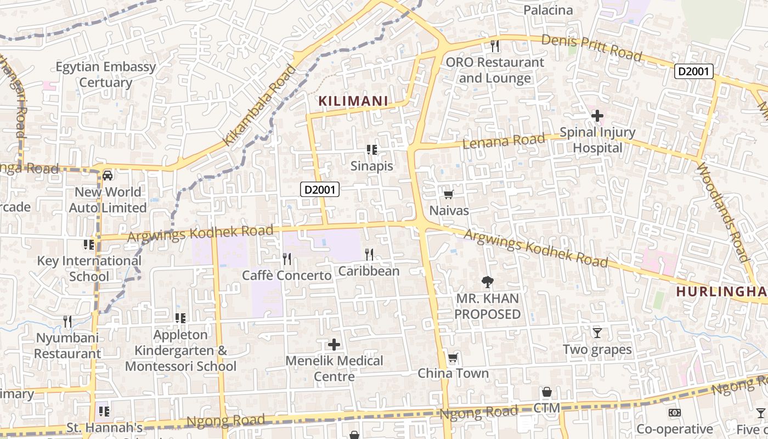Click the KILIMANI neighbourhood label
(x=353, y=101)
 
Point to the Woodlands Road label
(x=722, y=212)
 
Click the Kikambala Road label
(x=259, y=106)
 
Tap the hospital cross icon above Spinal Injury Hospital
(x=597, y=116)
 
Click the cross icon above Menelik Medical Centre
(x=334, y=345)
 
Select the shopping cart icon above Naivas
(x=448, y=194)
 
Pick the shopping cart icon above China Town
(x=453, y=358)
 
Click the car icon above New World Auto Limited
(x=108, y=176)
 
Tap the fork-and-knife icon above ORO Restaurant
(x=494, y=46)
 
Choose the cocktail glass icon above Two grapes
(x=597, y=333)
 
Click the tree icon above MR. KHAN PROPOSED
(x=487, y=282)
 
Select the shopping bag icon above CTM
(x=546, y=392)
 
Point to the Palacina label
(x=548, y=10)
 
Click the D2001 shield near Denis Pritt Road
(x=694, y=71)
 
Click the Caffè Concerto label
(x=287, y=275)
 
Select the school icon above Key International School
(x=89, y=245)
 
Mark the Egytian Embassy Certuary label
(x=106, y=75)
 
